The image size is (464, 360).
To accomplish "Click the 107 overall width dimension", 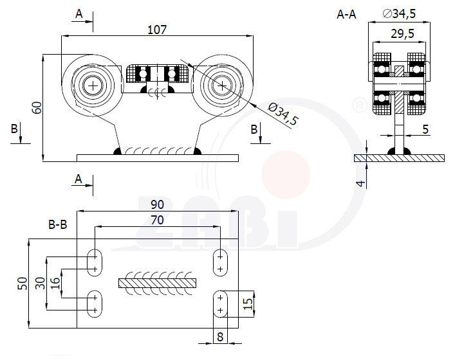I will [x=157, y=29].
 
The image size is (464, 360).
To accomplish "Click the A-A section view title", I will [x=346, y=14].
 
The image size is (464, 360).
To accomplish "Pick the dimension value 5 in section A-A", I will [x=425, y=129].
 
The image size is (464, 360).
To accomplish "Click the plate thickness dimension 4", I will [x=361, y=183].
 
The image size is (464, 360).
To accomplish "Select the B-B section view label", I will [x=58, y=224].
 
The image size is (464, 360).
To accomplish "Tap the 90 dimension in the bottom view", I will [x=157, y=204].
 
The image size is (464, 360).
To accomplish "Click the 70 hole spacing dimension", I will [x=157, y=220].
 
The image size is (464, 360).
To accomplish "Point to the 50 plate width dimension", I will [x=22, y=283].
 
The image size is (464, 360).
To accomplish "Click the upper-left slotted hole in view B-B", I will [x=94, y=262].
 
